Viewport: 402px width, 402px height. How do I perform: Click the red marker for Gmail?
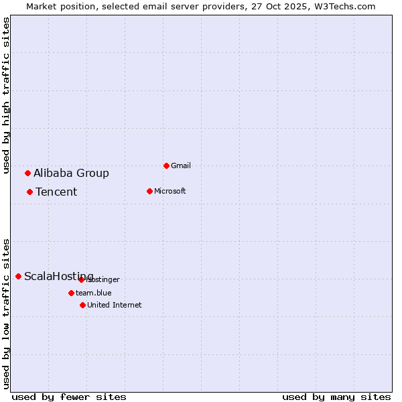(166, 165)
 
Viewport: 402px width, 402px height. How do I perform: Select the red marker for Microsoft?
(149, 191)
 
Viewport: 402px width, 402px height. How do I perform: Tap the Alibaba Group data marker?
(27, 173)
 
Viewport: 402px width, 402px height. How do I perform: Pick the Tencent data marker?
(29, 192)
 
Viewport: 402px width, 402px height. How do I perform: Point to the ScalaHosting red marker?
(18, 276)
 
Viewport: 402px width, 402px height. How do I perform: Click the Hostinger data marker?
(81, 279)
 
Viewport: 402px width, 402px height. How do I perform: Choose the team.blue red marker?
(71, 293)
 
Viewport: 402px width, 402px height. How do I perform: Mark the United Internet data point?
(82, 305)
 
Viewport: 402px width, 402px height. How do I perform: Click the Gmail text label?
(181, 165)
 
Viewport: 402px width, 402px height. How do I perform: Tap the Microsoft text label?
(170, 191)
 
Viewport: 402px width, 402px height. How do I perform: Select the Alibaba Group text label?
(71, 173)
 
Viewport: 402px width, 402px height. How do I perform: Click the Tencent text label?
(56, 192)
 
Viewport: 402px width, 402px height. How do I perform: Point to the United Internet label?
(114, 305)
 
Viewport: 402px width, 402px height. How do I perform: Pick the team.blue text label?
(93, 293)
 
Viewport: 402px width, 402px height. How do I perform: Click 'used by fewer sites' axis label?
(69, 397)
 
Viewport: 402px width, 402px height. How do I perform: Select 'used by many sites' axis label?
(336, 397)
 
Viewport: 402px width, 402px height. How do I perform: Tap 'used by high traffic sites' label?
(7, 95)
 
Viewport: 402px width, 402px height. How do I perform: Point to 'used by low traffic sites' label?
(7, 313)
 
